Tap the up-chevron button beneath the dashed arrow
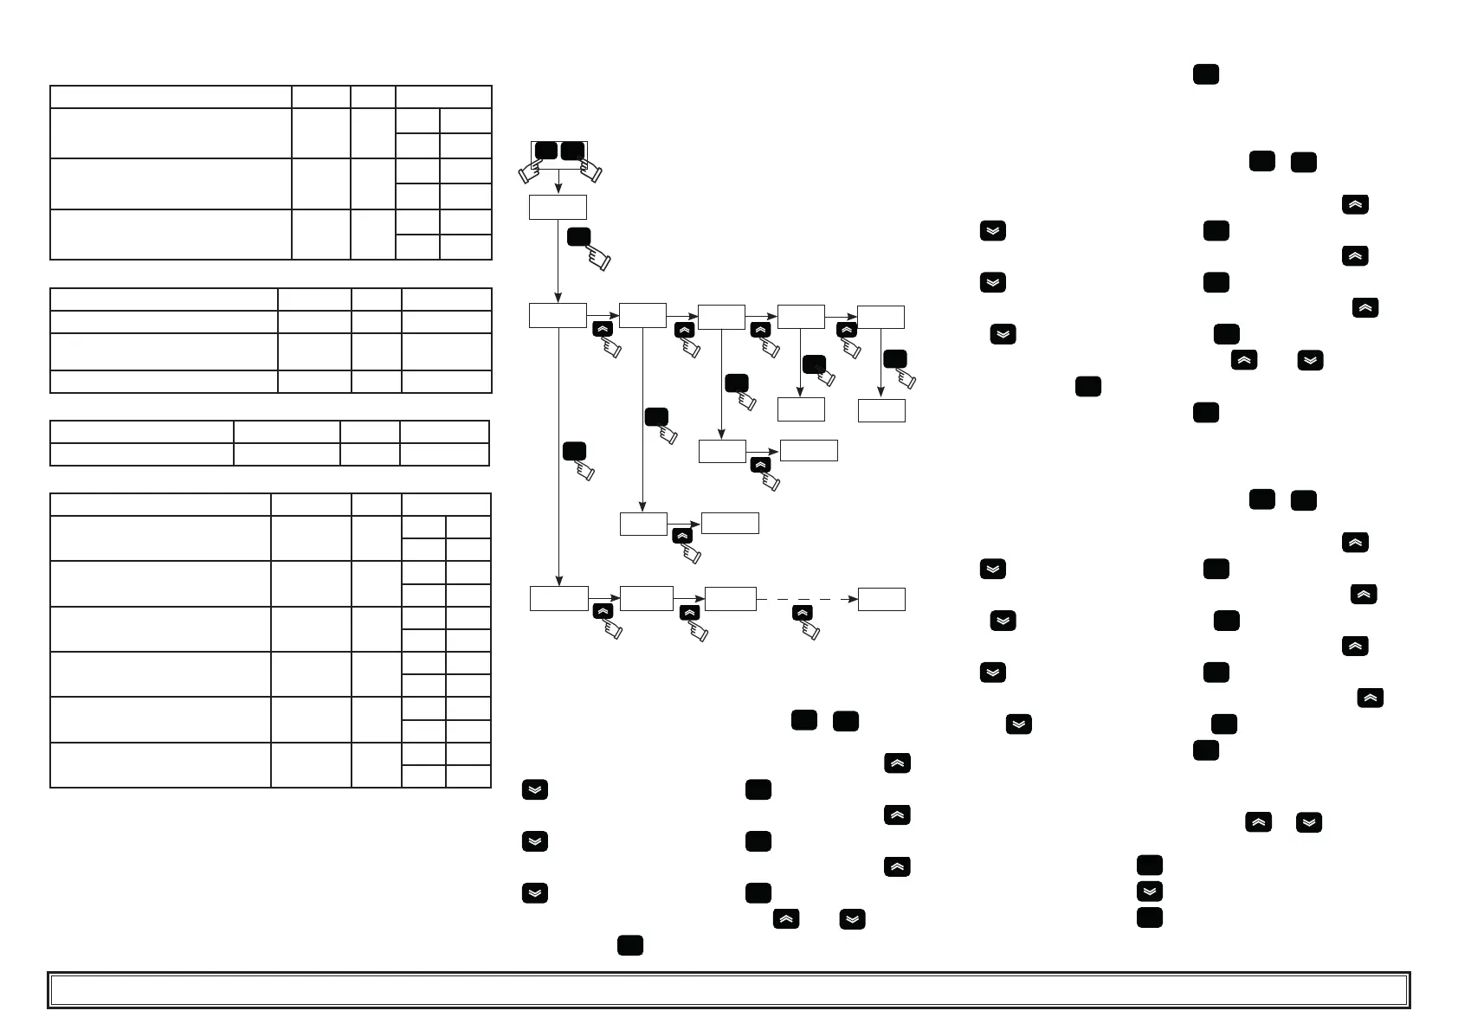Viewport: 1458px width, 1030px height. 803,613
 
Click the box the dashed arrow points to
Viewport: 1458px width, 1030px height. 881,599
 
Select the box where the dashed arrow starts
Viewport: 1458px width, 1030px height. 730,599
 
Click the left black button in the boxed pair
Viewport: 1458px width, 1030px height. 545,151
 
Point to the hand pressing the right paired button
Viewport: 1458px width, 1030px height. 590,171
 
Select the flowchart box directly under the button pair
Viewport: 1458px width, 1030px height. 558,207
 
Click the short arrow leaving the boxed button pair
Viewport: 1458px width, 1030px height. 558,182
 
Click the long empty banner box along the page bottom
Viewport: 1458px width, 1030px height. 728,990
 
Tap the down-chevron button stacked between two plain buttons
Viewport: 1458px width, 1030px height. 1149,891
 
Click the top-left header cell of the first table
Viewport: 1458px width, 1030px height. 171,97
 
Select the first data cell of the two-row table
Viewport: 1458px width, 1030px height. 142,454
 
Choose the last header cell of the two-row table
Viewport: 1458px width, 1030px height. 444,432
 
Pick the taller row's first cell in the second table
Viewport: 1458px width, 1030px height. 164,351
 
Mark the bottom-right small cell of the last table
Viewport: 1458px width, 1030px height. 468,776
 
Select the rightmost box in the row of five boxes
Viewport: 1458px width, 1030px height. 881,317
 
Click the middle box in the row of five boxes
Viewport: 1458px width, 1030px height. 721,317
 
